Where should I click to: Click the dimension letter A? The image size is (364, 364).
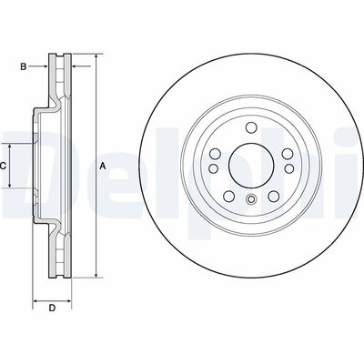coord(103,166)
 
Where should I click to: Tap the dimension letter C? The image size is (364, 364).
coord(5,166)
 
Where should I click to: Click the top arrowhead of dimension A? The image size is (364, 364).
coord(93,56)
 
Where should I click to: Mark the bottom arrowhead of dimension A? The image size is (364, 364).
coord(93,274)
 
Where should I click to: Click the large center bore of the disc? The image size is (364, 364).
coord(249,166)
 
